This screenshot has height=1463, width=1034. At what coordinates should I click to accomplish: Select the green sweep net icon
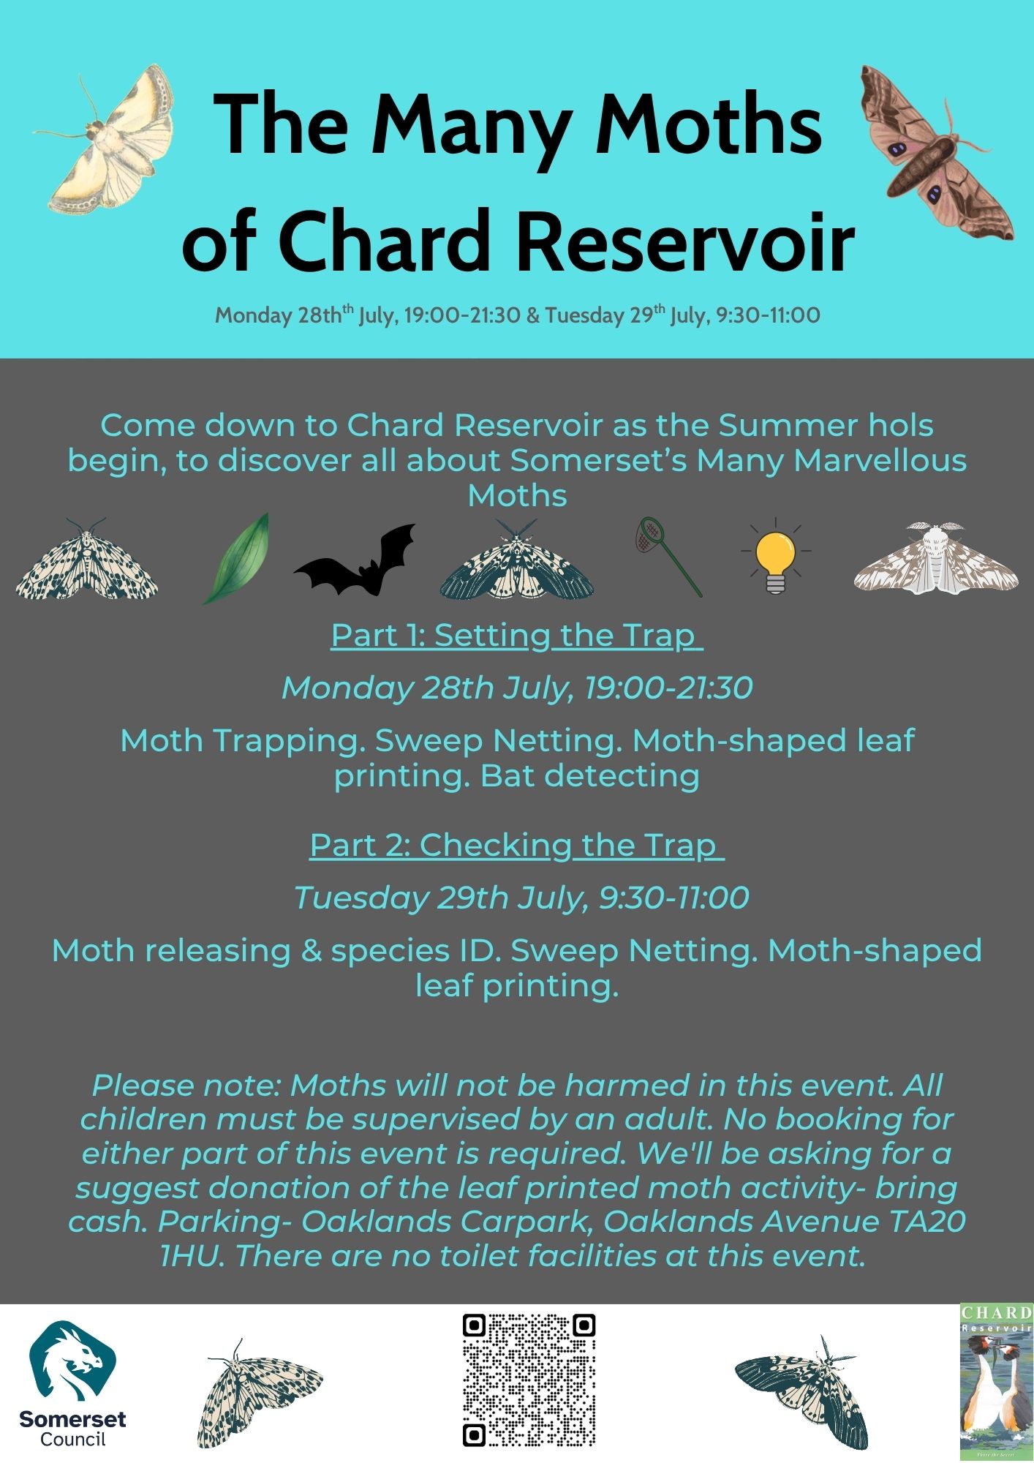[667, 556]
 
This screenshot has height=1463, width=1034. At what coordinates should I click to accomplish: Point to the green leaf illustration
[236, 558]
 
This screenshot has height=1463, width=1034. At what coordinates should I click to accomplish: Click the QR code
[529, 1380]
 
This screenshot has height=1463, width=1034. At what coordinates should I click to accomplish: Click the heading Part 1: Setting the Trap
[516, 635]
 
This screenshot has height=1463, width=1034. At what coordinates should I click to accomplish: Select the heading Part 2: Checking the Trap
[516, 845]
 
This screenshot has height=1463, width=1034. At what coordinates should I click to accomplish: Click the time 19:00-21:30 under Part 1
[668, 688]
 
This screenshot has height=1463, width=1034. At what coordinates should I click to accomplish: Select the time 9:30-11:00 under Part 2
[673, 898]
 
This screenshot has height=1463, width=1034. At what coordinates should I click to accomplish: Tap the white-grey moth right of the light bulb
[936, 557]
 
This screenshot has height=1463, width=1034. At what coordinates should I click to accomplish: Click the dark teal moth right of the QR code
[802, 1390]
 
